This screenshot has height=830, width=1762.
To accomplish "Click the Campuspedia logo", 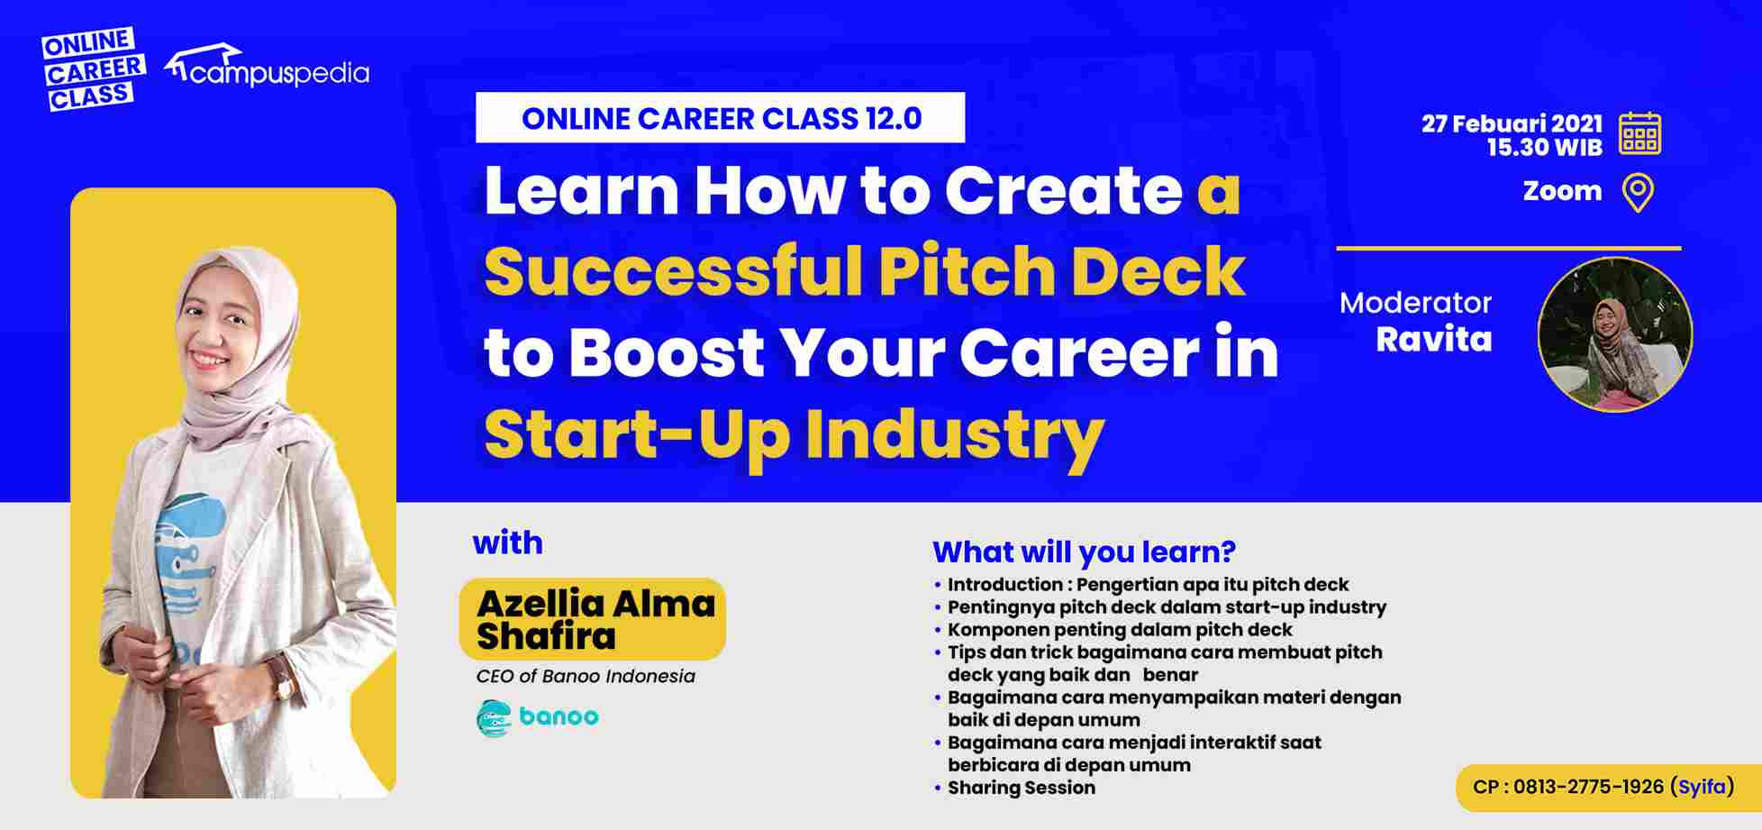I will click(268, 68).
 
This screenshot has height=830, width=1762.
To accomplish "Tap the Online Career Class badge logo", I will click(92, 68).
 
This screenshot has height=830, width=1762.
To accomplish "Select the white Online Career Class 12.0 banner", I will click(720, 118).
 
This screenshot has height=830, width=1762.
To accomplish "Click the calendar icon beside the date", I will click(1639, 134).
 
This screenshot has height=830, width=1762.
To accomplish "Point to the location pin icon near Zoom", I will click(1638, 193).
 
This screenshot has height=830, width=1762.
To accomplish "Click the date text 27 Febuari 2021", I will click(1512, 123).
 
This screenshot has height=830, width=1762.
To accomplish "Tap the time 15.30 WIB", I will click(1544, 148).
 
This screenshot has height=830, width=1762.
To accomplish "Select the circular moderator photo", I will click(1614, 335).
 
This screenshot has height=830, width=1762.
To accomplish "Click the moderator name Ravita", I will click(1433, 340).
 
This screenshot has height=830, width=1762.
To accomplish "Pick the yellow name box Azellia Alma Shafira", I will click(593, 619).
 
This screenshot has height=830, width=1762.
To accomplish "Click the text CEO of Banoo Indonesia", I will click(586, 676).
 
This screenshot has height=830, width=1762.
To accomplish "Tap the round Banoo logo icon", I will click(493, 717).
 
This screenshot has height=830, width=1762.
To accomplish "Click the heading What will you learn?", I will click(1084, 552).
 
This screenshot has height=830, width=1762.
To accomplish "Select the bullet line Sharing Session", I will click(1021, 788).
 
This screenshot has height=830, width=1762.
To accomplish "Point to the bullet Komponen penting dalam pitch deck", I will click(1119, 629).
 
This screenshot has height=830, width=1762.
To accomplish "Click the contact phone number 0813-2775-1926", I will click(1587, 787).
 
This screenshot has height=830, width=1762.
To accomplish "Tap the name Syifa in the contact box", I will click(1702, 787).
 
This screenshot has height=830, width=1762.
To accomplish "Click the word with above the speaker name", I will click(507, 543).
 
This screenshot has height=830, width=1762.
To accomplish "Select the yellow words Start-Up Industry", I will click(794, 435).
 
